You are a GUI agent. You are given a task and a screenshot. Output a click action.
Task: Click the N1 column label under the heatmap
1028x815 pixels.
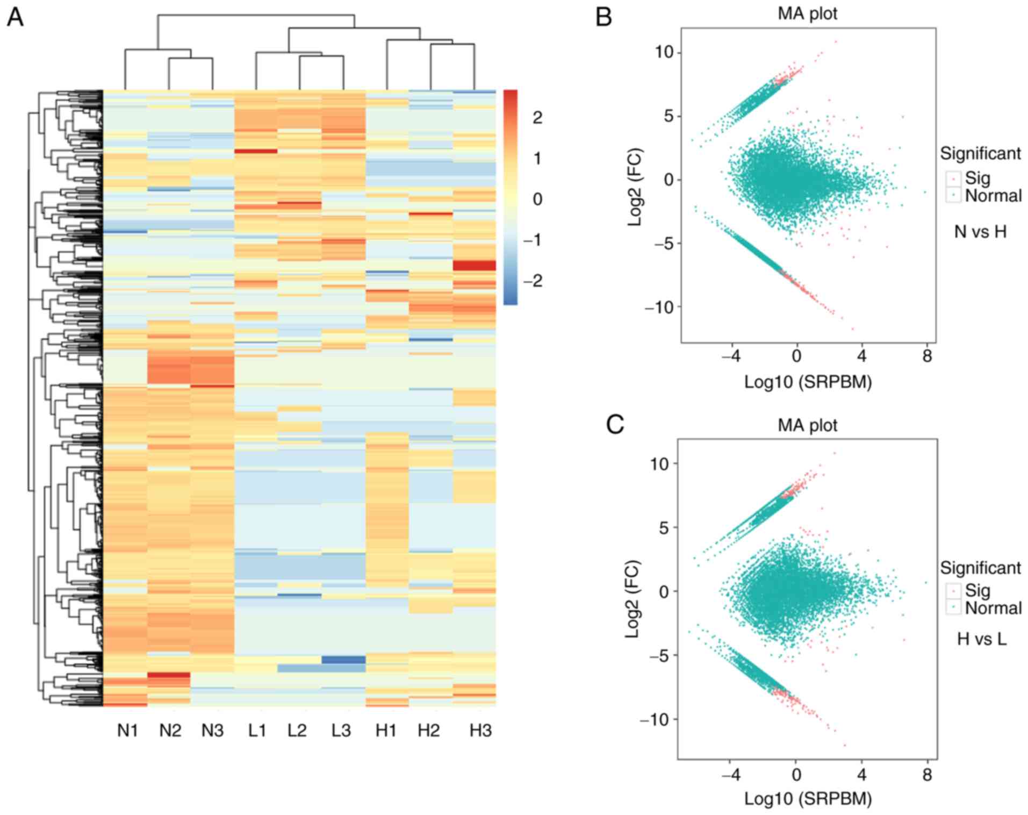tap(127, 731)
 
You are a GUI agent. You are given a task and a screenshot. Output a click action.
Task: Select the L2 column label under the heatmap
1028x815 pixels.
tap(297, 731)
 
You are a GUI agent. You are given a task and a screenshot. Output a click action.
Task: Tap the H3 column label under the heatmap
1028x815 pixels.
tap(480, 731)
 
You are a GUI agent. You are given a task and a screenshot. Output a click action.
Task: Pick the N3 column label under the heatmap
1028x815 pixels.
tap(212, 731)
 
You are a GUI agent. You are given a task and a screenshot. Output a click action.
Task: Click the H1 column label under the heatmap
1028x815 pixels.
tap(385, 731)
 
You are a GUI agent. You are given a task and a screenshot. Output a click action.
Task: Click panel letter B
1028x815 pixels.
tap(603, 17)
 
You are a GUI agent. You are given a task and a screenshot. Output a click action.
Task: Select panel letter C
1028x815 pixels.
tap(615, 425)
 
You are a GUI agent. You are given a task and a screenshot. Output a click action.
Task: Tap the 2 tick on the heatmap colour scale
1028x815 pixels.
tap(537, 118)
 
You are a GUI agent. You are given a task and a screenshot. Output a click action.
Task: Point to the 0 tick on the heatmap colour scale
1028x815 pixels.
tap(537, 199)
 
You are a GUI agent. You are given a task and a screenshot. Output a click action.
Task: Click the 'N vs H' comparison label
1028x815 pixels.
tap(980, 232)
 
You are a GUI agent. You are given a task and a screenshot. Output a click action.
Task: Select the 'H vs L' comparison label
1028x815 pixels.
tap(981, 639)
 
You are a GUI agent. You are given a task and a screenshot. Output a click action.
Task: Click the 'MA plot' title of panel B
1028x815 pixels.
tap(807, 13)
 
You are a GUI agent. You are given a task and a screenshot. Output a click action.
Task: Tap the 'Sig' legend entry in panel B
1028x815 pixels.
tap(977, 178)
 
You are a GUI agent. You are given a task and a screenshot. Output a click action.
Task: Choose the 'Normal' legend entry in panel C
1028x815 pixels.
tap(993, 608)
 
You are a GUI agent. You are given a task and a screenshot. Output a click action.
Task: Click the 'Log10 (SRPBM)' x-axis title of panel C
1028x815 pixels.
tap(808, 799)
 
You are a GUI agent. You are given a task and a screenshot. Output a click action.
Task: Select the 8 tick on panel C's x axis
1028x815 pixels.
tap(927, 775)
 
